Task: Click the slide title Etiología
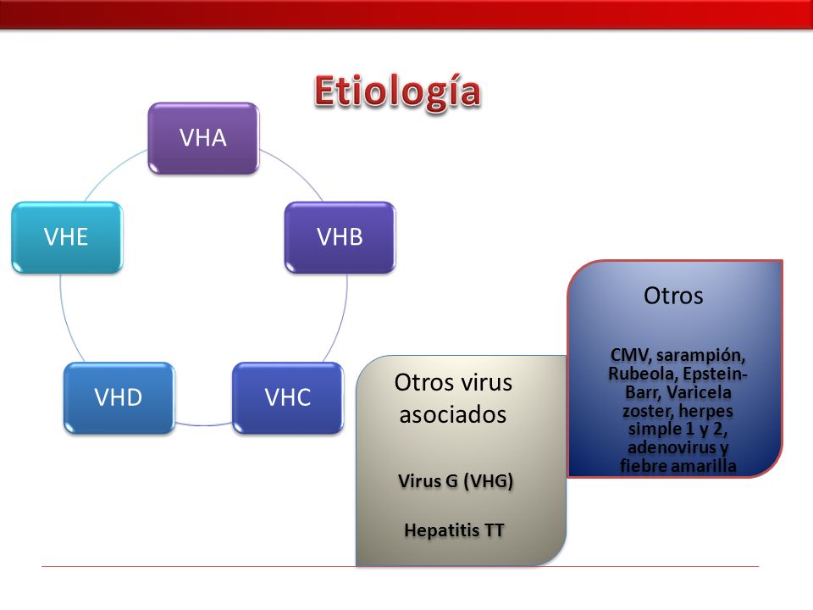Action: [397, 92]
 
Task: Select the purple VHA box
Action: [203, 138]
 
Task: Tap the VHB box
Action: [340, 237]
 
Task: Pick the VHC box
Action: [288, 398]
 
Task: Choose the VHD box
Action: [119, 398]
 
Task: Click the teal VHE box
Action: [67, 237]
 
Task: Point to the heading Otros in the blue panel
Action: [673, 296]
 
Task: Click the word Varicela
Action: [699, 392]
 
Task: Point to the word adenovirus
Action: [672, 447]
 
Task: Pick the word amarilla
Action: [706, 465]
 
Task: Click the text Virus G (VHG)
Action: [456, 481]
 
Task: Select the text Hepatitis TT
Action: [454, 530]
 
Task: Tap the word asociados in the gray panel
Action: [452, 414]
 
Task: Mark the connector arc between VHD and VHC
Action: [203, 424]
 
